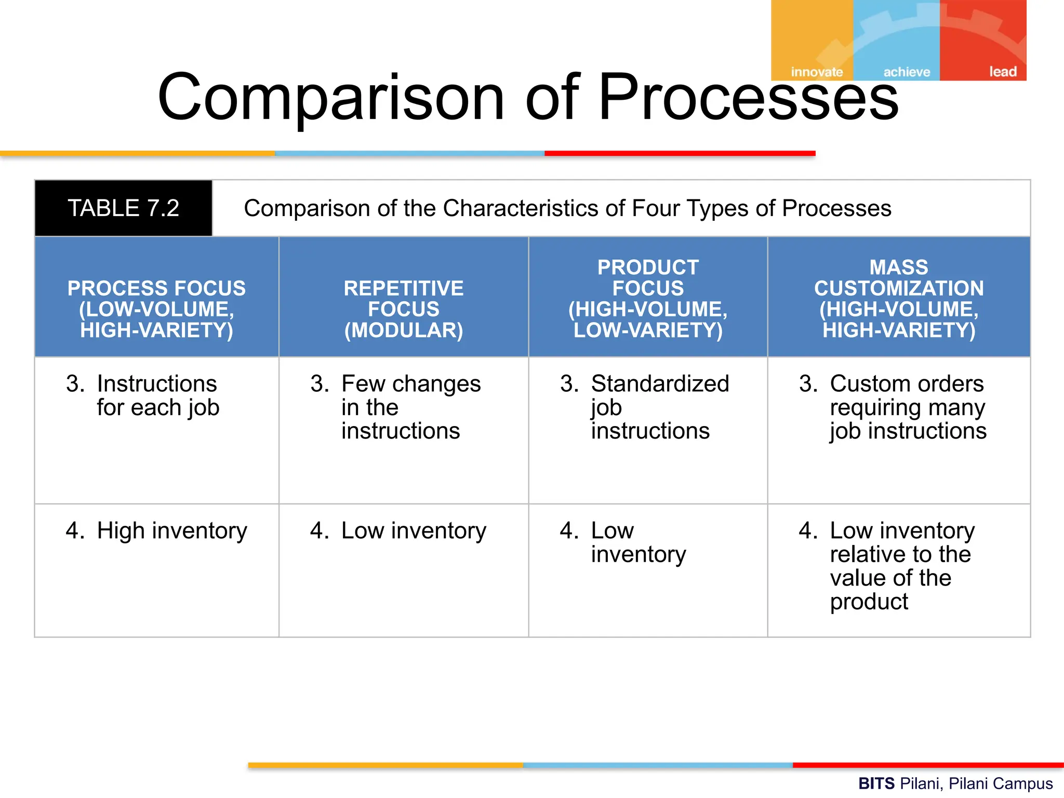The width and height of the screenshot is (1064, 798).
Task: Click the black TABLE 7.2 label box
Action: point(124,208)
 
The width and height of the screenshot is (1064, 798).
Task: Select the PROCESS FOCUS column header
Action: point(156,309)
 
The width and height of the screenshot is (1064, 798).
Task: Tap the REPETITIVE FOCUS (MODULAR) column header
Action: point(404,309)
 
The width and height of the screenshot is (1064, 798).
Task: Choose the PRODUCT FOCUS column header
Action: point(648,298)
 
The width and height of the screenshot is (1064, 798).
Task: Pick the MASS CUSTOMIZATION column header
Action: point(899,298)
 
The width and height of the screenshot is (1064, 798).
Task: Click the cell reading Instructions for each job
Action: point(156,396)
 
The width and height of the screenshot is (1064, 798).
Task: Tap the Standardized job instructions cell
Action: point(648,407)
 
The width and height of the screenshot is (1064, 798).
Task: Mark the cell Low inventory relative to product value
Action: point(899,566)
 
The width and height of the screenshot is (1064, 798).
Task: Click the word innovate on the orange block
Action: point(817,72)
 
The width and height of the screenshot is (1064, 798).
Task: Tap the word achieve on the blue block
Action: point(907,72)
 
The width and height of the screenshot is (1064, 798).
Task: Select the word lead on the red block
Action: point(1002,71)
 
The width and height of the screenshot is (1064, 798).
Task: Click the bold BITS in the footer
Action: point(876,783)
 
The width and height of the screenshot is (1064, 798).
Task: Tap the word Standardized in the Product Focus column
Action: point(660,384)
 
